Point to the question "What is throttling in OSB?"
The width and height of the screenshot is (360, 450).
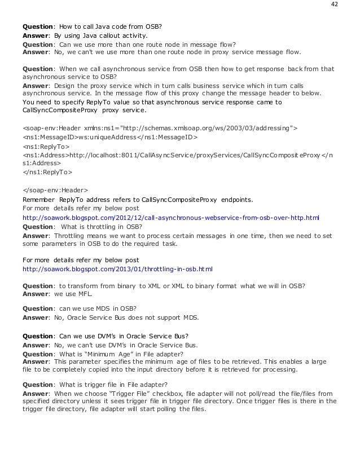102,227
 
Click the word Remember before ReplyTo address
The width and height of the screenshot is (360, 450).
39,199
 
